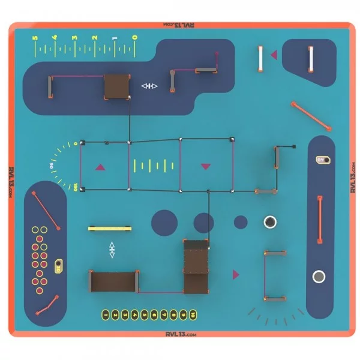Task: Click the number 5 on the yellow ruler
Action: pos(35,38)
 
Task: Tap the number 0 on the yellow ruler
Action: pos(135,38)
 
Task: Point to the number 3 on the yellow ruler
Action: pos(75,38)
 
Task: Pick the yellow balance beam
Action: pos(109,228)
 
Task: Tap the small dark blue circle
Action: pos(241,222)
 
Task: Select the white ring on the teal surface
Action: pos(270,223)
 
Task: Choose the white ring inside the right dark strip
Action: pos(319,277)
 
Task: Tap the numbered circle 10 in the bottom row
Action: pos(193,313)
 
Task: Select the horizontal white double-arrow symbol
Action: pos(149,86)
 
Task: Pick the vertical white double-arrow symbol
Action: pos(112,250)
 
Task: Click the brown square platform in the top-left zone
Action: pos(116,87)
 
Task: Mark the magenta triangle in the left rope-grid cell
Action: pos(101,167)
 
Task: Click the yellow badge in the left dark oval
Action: pos(58,265)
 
